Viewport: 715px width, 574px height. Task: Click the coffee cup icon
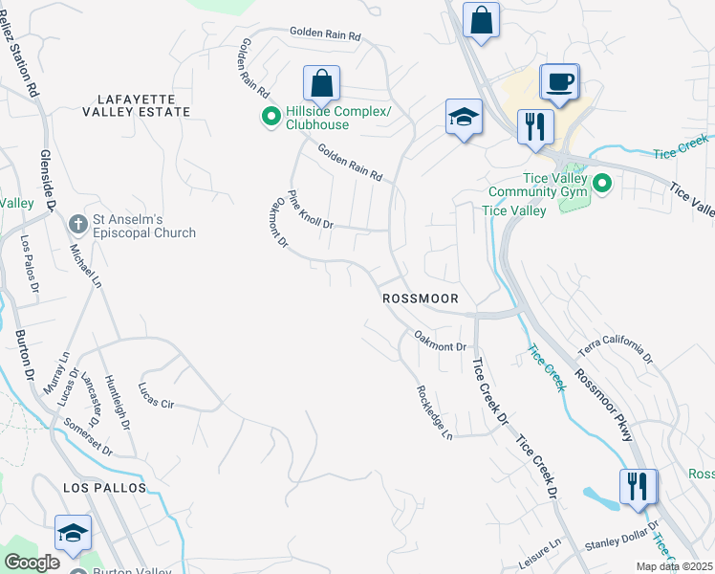(560, 81)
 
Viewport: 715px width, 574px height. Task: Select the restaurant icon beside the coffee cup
(535, 126)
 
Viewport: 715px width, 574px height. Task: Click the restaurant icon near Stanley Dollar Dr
(637, 486)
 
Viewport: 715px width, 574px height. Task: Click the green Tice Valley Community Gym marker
(602, 182)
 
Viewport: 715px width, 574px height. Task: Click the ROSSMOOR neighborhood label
(421, 298)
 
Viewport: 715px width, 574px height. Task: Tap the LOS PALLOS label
(105, 488)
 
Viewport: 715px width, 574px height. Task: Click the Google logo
(32, 563)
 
